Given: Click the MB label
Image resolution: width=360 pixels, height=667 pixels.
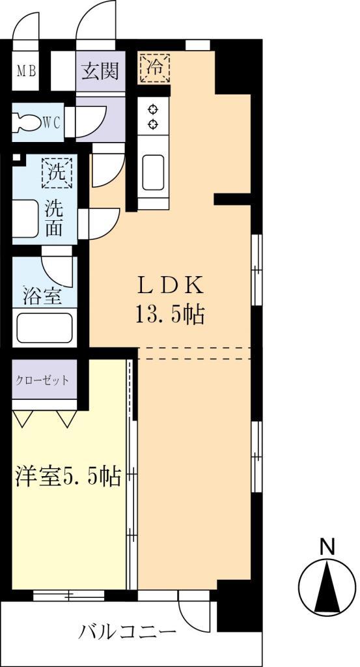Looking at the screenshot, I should (x=26, y=71).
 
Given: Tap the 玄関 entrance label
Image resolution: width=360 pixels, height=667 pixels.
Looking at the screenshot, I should (x=100, y=71).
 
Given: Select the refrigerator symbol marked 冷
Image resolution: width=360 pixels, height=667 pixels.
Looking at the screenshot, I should (x=153, y=68).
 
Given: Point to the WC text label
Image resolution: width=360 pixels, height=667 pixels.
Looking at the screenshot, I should (x=52, y=122).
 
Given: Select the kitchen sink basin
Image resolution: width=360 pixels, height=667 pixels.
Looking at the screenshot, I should (x=154, y=171).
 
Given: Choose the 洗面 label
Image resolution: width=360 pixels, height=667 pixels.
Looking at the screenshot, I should (x=54, y=221).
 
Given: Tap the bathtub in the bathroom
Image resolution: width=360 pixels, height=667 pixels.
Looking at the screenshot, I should (x=44, y=328).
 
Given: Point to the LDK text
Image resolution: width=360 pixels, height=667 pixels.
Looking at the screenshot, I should (x=171, y=286).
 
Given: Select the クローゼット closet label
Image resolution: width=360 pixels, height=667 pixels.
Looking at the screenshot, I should (x=43, y=380).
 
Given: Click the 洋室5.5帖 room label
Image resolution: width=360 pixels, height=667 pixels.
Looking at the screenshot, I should (x=68, y=477).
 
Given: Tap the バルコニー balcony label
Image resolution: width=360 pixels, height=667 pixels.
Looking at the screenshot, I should (x=128, y=631).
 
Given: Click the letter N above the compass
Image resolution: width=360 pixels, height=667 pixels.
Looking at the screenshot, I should (x=329, y=547).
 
